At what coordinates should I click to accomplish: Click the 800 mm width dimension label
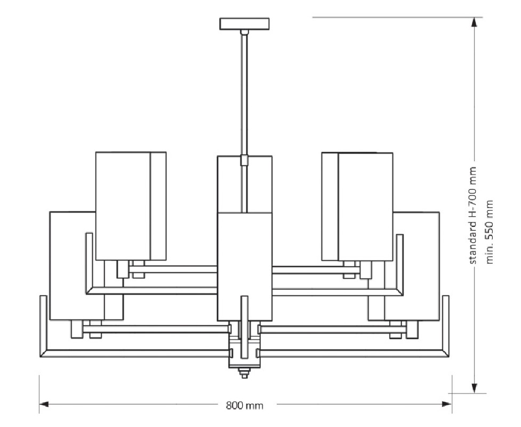pyautogui.click(x=245, y=406)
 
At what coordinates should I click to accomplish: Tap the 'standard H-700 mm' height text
pyautogui.click(x=473, y=216)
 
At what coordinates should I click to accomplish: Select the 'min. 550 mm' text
pyautogui.click(x=489, y=232)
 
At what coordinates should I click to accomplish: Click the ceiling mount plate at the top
pyautogui.click(x=244, y=24)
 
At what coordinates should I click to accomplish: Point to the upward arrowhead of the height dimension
pyautogui.click(x=475, y=22)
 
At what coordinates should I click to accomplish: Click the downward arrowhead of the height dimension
pyautogui.click(x=475, y=388)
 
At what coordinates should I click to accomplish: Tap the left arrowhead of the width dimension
pyautogui.click(x=44, y=405)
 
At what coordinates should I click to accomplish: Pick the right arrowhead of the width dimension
pyautogui.click(x=446, y=405)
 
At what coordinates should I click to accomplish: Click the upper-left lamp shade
pyautogui.click(x=131, y=206)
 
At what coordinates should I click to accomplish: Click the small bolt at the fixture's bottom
pyautogui.click(x=245, y=374)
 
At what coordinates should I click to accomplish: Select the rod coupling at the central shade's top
pyautogui.click(x=245, y=160)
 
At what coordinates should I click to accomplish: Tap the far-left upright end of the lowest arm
pyautogui.click(x=43, y=326)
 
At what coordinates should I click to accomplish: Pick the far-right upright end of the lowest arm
pyautogui.click(x=446, y=326)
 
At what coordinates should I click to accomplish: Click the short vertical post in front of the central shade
pyautogui.click(x=245, y=327)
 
